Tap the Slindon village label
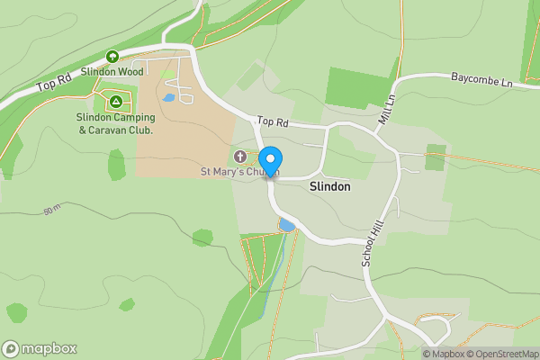pyautogui.click(x=329, y=188)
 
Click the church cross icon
pyautogui.click(x=240, y=157)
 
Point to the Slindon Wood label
pyautogui.click(x=112, y=71)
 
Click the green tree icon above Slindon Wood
pyautogui.click(x=112, y=56)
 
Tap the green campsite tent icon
pyautogui.click(x=115, y=100)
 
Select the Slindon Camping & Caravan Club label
pyautogui.click(x=115, y=123)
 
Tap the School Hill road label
pyautogui.click(x=366, y=243)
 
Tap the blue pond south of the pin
pyautogui.click(x=287, y=224)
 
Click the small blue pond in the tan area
pyautogui.click(x=169, y=96)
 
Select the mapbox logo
pyautogui.click(x=40, y=348)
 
